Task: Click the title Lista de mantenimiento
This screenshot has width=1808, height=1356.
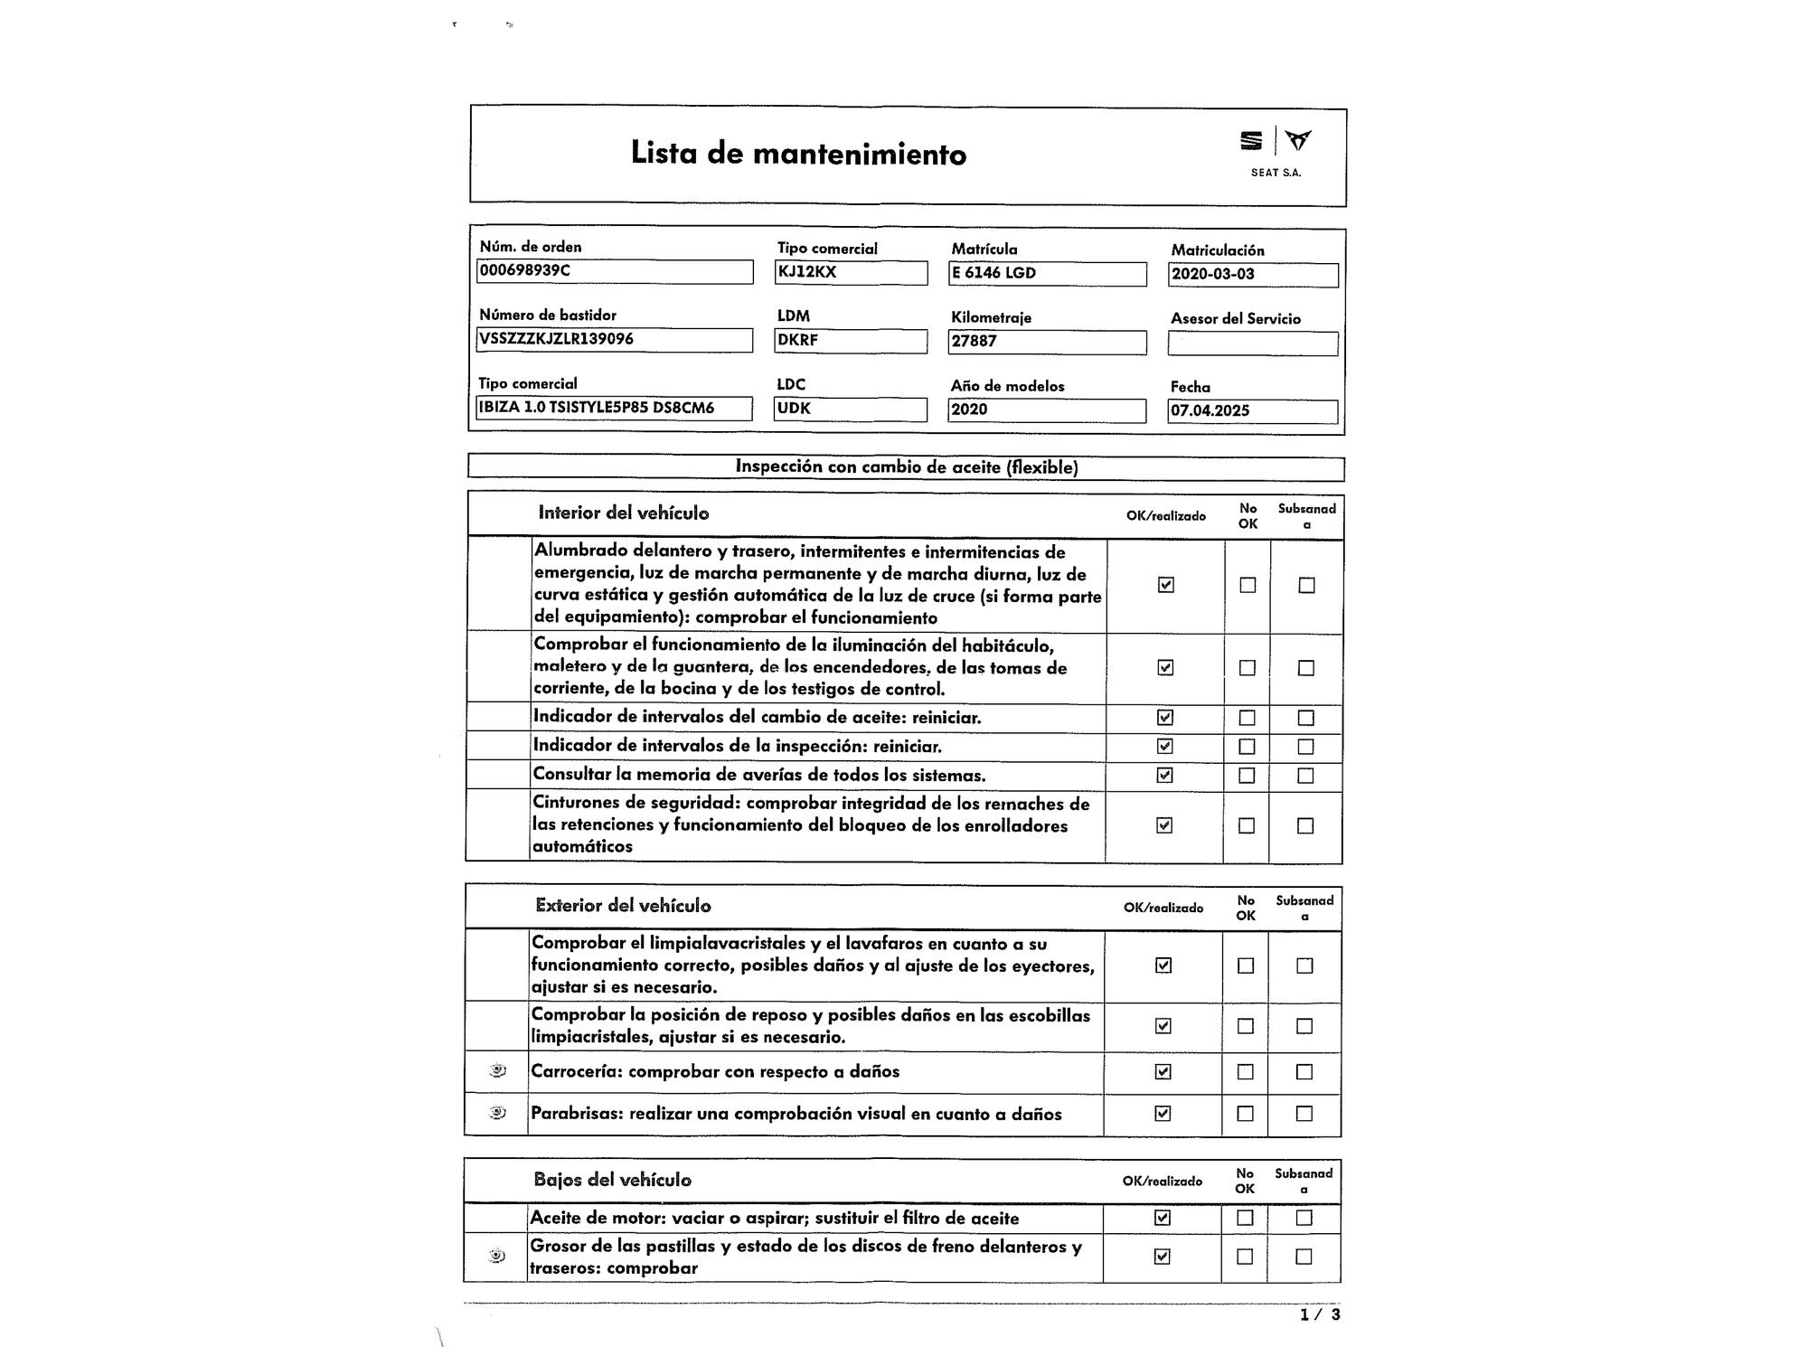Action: coord(798,154)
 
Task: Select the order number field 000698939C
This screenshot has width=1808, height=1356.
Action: coord(615,271)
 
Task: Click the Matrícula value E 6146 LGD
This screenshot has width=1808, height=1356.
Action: coord(1047,274)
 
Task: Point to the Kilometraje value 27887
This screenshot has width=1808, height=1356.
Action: coord(1047,342)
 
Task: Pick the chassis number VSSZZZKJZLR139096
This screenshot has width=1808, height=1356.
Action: coord(615,340)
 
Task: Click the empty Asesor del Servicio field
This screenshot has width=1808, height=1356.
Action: coord(1252,344)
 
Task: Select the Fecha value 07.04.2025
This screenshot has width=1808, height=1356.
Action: coord(1252,411)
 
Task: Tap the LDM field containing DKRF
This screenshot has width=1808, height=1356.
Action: coord(851,341)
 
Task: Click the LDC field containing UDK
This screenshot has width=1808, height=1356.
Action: coord(851,409)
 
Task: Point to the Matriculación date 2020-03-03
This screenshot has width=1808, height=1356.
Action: coord(1252,275)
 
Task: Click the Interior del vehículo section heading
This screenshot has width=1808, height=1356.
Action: coord(624,513)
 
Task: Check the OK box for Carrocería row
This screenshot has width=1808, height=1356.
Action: coord(1163,1071)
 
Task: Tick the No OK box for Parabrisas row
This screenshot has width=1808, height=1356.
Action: coord(1245,1114)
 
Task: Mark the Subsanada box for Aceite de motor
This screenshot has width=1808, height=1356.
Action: coord(1304,1218)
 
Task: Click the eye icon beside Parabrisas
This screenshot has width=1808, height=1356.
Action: coord(497,1112)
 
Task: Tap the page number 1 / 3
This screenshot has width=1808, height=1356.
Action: coord(1320,1314)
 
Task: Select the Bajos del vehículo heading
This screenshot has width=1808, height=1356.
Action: coord(612,1180)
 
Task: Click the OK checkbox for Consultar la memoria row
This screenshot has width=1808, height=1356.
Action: coord(1164,775)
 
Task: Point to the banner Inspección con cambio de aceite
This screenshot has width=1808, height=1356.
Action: coord(906,467)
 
